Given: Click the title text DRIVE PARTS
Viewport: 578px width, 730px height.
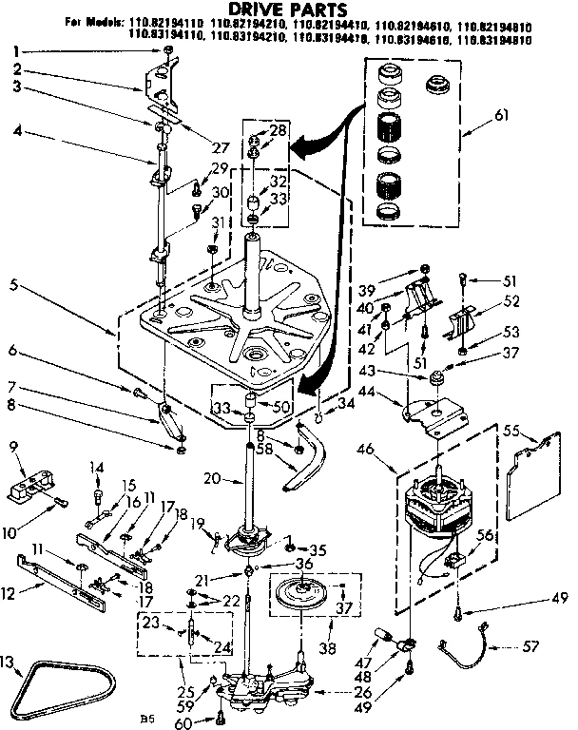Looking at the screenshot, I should (284, 10).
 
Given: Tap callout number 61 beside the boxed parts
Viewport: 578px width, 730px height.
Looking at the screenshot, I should (501, 116).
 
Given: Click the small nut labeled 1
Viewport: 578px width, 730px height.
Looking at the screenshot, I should (167, 49).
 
